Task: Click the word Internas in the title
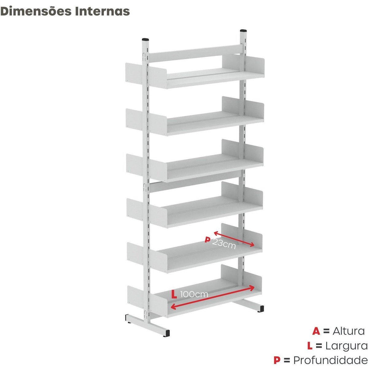click(102, 11)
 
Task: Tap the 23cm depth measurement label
click(224, 243)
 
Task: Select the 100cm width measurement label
click(194, 294)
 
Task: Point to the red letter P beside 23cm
click(207, 240)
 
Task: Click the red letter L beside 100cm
click(174, 294)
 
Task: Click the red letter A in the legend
click(316, 331)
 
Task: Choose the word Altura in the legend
click(349, 331)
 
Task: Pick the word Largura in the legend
click(347, 346)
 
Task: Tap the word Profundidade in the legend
click(331, 360)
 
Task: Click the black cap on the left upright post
click(146, 39)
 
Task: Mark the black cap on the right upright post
click(243, 30)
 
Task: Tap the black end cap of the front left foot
click(167, 333)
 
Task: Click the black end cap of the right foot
click(261, 308)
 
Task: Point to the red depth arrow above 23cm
click(234, 239)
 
